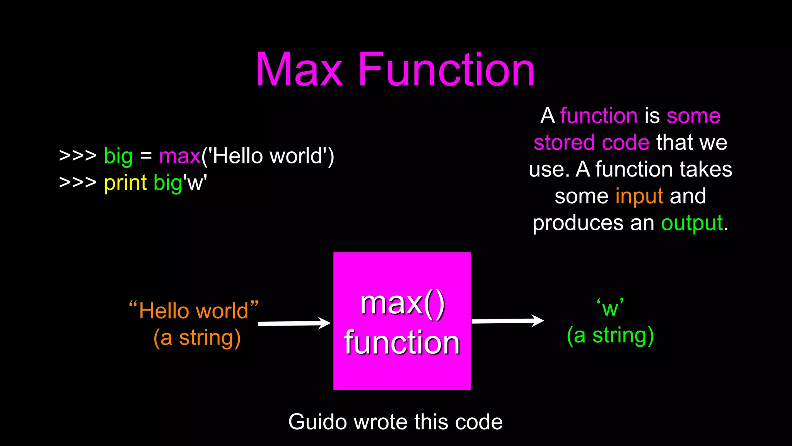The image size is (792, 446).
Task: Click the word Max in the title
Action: (x=299, y=70)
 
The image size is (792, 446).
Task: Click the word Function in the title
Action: (x=446, y=70)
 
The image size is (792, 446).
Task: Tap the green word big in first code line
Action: (x=118, y=157)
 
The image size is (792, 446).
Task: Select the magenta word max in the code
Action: (x=179, y=156)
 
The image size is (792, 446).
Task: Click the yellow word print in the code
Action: (x=125, y=183)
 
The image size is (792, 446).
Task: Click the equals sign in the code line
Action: (x=146, y=156)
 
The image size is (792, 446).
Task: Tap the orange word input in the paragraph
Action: (x=639, y=196)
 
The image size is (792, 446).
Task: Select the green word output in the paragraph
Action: (x=692, y=223)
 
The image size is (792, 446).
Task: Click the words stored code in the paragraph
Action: (x=591, y=142)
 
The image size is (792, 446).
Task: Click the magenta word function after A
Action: (x=599, y=116)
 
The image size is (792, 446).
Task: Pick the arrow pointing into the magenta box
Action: (x=294, y=323)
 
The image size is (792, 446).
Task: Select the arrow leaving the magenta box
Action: (x=507, y=321)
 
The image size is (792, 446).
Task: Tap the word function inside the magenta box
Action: (x=402, y=343)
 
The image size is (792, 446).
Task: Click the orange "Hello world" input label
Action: (x=194, y=310)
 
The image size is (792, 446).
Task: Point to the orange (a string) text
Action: (x=197, y=338)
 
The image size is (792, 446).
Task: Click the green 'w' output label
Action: (x=610, y=308)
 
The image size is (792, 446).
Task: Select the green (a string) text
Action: (x=610, y=335)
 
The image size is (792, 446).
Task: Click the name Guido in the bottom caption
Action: (x=317, y=422)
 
